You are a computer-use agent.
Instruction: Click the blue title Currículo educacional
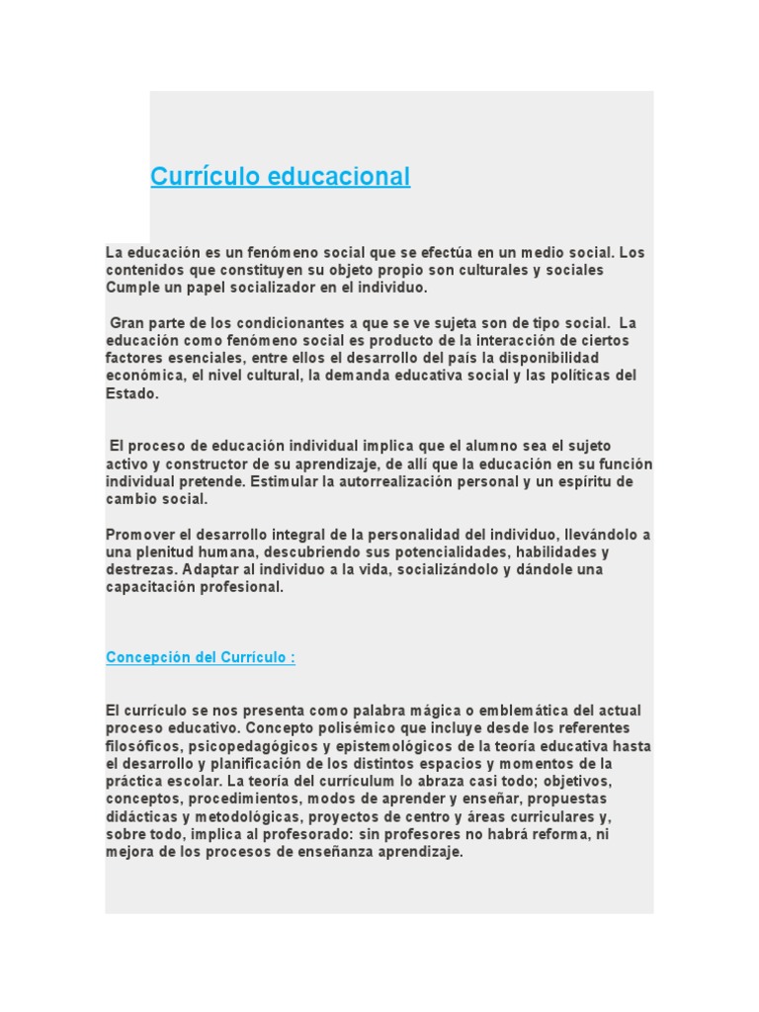click(280, 177)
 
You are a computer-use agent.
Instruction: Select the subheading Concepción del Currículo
click(200, 658)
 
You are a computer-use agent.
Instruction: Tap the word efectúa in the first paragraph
click(407, 253)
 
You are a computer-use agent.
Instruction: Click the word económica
click(142, 376)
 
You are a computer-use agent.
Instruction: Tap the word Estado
click(130, 393)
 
